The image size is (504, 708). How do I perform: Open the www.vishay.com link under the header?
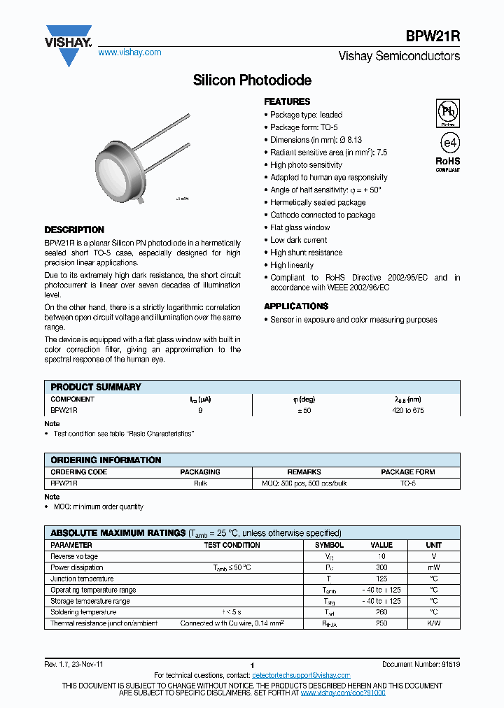(x=129, y=52)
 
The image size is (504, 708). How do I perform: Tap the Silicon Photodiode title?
(x=252, y=80)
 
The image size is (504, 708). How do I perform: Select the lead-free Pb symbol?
(x=447, y=111)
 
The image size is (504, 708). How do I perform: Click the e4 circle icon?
(x=448, y=142)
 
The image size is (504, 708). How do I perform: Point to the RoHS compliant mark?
(x=448, y=164)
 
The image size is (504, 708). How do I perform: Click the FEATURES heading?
(x=287, y=101)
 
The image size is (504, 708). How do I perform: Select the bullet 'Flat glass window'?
(x=300, y=227)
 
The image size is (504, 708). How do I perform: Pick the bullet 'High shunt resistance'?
(x=306, y=253)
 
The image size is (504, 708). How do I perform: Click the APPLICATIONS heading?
(x=296, y=306)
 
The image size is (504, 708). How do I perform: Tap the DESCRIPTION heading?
(x=74, y=229)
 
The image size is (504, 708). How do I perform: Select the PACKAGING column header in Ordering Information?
(x=200, y=472)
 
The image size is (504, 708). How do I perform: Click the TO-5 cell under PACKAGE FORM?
(x=408, y=483)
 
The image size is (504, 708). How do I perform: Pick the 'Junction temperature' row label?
(x=82, y=579)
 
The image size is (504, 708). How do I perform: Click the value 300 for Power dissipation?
(x=381, y=567)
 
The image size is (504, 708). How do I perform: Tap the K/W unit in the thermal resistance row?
(x=434, y=623)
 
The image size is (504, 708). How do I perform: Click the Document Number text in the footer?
(x=421, y=664)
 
